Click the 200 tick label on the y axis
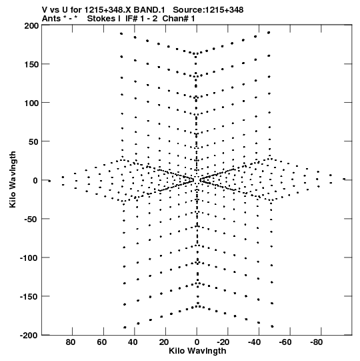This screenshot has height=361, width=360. click(31, 26)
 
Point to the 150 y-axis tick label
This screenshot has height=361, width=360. click(31, 65)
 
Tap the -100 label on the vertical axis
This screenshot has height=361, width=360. click(29, 258)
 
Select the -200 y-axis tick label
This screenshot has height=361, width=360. click(29, 336)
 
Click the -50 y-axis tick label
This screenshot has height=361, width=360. click(31, 219)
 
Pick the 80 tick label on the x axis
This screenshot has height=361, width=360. click(71, 342)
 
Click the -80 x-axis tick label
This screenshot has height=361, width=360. click(316, 342)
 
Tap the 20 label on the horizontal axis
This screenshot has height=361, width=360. click(163, 342)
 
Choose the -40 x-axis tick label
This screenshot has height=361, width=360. click(254, 342)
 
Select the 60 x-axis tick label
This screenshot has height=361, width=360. click(101, 342)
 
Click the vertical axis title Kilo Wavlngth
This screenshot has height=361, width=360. click(13, 179)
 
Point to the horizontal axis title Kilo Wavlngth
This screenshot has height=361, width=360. click(197, 351)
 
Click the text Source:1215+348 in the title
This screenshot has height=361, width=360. click(208, 10)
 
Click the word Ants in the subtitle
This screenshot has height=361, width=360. click(52, 19)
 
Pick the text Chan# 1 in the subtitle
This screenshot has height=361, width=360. click(179, 19)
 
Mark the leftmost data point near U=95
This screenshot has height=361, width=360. click(49, 181)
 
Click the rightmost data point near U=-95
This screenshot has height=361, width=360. click(344, 179)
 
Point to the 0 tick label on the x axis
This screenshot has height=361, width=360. click(197, 342)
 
